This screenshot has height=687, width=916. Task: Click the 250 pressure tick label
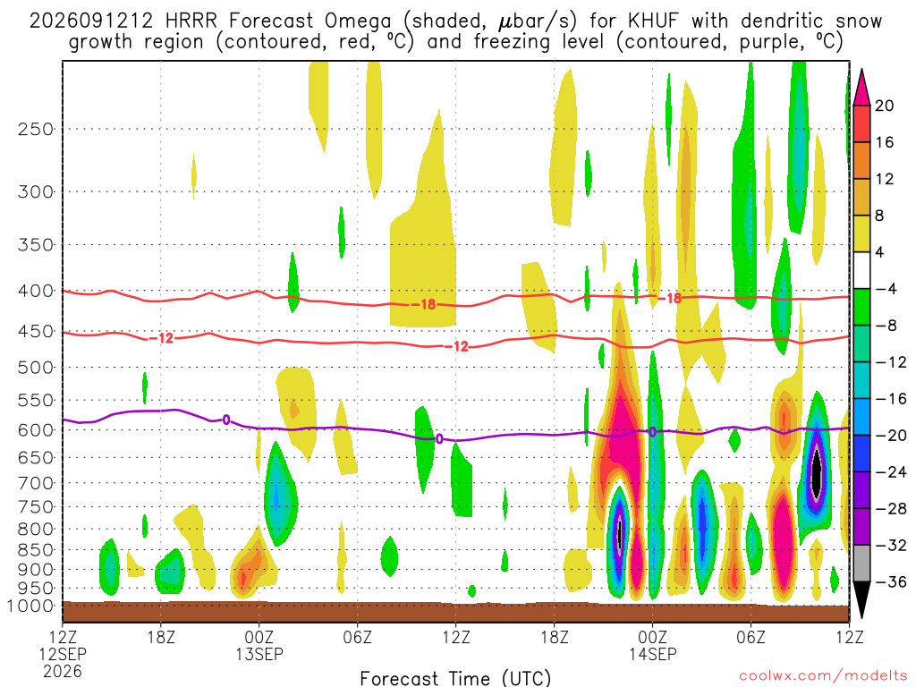[36, 129]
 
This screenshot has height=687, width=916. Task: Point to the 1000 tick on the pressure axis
[30, 606]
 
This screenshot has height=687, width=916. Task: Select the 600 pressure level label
[36, 430]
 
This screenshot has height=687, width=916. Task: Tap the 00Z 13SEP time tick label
[259, 645]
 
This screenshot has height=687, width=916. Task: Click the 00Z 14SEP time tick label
[652, 645]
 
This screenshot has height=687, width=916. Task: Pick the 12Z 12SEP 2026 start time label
[63, 654]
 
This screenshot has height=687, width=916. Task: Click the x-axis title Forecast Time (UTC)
[455, 678]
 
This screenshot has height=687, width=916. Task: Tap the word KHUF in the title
[654, 21]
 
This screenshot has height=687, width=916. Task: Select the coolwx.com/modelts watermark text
[823, 676]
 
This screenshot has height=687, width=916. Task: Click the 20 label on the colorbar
[884, 106]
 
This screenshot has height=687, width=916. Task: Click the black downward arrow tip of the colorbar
[861, 617]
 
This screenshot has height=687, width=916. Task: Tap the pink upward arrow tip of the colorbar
[861, 70]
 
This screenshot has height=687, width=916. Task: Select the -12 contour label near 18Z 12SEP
[161, 337]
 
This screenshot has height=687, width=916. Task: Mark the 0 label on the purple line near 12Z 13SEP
[439, 438]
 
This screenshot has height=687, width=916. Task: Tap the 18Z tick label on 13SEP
[555, 637]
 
